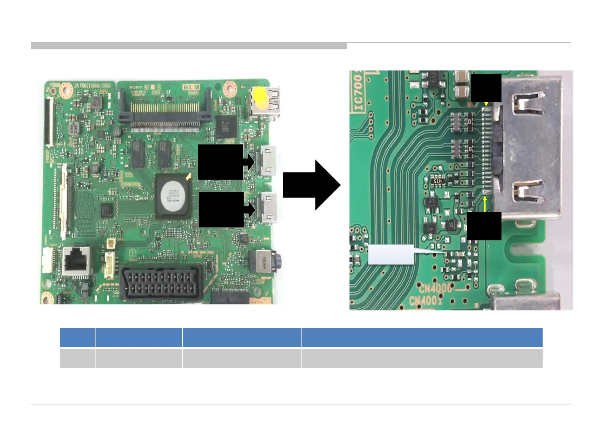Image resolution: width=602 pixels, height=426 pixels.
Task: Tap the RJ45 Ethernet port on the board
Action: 77,262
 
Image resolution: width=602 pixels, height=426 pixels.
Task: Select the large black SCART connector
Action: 161,282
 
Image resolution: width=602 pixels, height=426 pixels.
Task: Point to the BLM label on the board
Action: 192,87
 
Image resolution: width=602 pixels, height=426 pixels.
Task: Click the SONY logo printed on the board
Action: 136,87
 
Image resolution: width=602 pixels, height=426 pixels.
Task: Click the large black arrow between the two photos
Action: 312,185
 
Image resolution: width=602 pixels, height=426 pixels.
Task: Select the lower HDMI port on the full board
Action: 268,208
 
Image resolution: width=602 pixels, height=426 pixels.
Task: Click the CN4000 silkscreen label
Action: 436,288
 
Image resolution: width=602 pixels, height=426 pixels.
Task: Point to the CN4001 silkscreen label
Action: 426,300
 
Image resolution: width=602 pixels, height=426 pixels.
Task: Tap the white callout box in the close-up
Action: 391,254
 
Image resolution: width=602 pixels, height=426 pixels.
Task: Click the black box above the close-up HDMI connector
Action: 486,88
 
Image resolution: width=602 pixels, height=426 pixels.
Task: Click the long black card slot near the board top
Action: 165,105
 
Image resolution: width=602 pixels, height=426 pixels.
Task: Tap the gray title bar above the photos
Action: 189,46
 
